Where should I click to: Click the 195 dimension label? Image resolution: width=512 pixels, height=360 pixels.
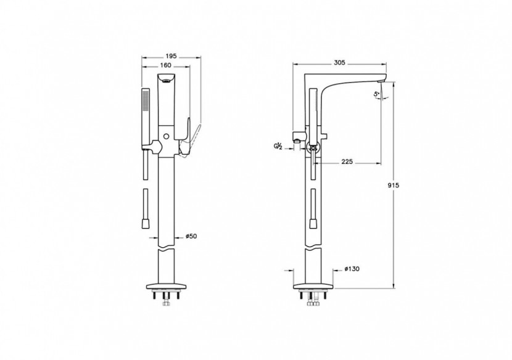[x=171, y=56]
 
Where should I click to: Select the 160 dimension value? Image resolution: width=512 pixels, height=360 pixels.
[x=166, y=65]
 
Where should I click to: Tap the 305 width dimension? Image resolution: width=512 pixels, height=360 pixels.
[x=340, y=63]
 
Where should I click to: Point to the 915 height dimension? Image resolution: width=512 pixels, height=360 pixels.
[x=394, y=186]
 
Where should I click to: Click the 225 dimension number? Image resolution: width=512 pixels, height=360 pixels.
[x=347, y=162]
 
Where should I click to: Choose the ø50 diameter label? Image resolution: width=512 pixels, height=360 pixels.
[x=191, y=236]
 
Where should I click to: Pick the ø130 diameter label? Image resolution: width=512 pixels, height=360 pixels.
[x=352, y=269]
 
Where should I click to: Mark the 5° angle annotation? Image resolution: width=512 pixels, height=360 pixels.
[x=377, y=94]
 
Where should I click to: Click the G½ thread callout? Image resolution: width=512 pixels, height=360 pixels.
[x=278, y=146]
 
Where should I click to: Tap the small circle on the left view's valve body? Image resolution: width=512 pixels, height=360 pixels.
[x=167, y=136]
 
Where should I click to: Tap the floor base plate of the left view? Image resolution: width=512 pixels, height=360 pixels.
[x=166, y=286]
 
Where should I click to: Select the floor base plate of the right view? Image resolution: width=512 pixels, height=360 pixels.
[x=313, y=286]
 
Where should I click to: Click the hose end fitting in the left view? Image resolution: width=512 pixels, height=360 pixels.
[x=146, y=224]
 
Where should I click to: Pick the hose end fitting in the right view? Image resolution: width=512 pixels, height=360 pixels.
[x=313, y=224]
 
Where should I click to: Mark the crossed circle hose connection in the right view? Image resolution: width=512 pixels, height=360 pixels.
[x=313, y=148]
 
